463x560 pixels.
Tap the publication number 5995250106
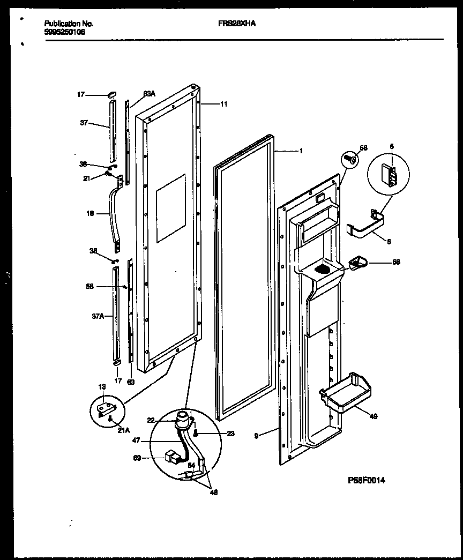coord(64,32)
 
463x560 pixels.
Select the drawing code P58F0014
coord(367,480)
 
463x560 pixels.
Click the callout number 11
coord(223,104)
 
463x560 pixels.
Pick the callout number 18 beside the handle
coord(89,213)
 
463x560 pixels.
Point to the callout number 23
coord(230,434)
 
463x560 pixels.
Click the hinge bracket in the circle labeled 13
coord(106,410)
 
